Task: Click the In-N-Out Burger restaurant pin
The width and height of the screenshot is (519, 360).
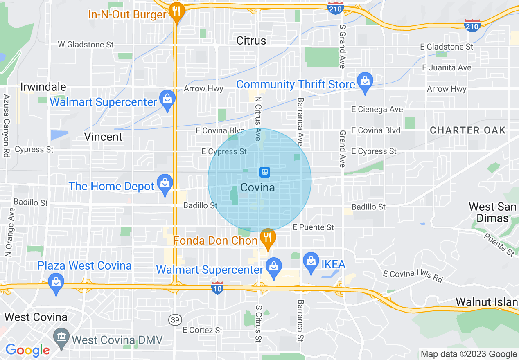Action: point(176,11)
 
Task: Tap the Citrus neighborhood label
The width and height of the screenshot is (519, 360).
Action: point(251,40)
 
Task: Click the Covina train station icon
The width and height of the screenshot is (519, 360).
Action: point(265,172)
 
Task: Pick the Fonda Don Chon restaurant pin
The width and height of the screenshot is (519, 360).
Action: point(268,238)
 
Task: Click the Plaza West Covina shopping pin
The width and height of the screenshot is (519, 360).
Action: point(56,283)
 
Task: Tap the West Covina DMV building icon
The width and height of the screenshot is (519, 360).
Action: point(61,337)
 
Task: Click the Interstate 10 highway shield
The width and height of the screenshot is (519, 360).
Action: point(217,288)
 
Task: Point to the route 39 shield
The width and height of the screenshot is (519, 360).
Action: point(175,320)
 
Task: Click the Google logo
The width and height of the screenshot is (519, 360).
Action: point(27,350)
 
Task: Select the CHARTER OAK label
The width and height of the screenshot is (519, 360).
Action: point(468,130)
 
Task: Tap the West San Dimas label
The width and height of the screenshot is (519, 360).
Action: point(492,212)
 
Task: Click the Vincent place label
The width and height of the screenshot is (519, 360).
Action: point(103,137)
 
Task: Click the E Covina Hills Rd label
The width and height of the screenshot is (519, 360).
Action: point(413,276)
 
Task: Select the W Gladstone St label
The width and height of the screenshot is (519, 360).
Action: point(86,44)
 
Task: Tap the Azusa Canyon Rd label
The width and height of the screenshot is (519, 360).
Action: point(7,126)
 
